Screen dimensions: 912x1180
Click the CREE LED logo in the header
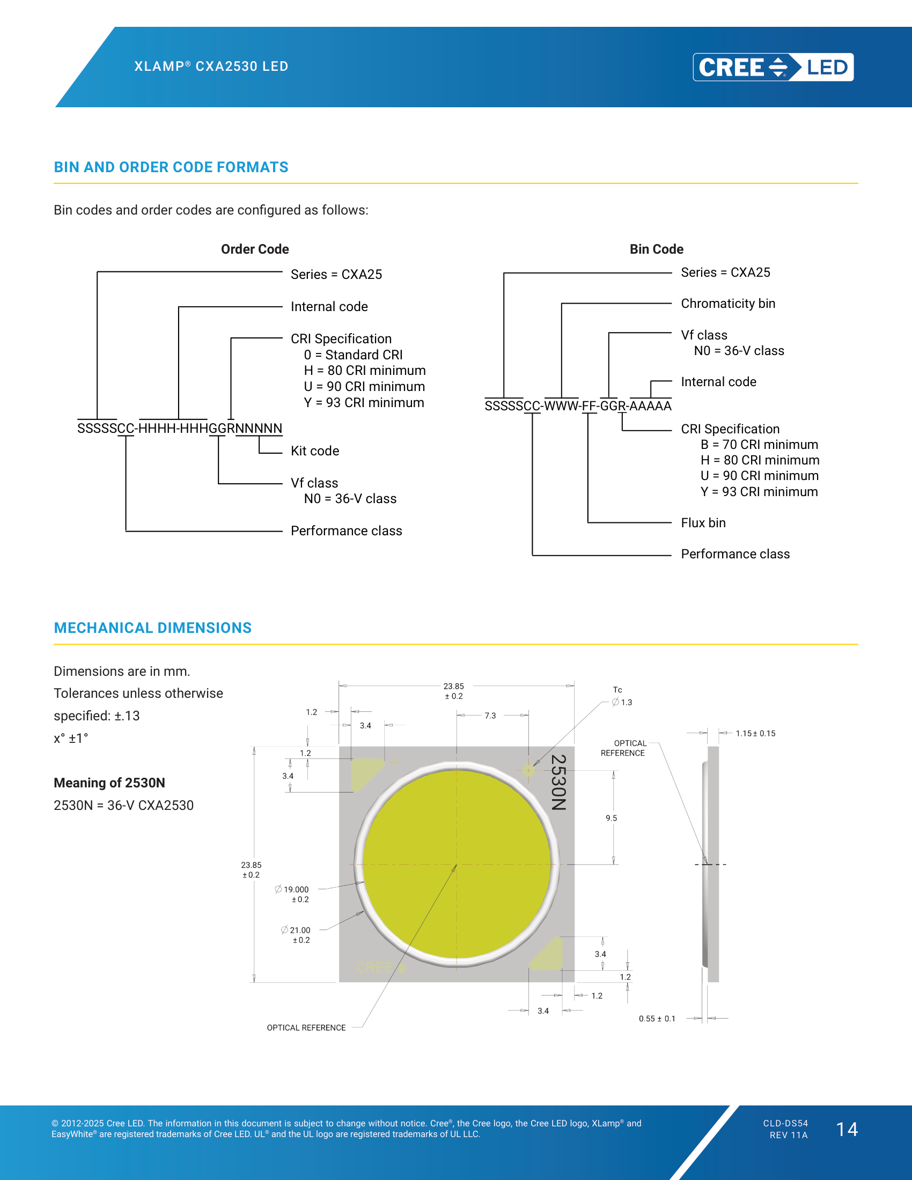(773, 67)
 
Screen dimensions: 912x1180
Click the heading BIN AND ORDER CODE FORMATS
(171, 167)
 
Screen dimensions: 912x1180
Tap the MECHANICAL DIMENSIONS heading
(152, 628)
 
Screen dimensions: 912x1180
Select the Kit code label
(315, 451)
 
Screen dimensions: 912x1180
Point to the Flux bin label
(703, 523)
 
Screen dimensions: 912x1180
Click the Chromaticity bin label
(728, 304)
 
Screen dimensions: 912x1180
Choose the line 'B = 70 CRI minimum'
(759, 445)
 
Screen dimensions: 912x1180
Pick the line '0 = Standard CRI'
(354, 355)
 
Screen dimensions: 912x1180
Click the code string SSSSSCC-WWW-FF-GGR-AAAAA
(578, 406)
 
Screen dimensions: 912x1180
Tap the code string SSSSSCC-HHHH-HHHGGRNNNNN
(179, 429)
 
